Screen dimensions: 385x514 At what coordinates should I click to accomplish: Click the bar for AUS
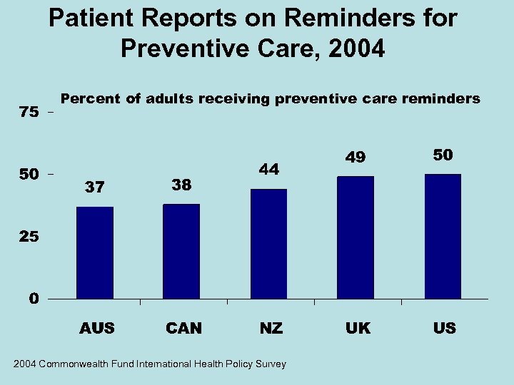tap(95, 252)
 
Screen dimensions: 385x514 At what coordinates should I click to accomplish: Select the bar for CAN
tap(181, 251)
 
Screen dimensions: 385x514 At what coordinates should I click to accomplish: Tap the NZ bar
tap(268, 243)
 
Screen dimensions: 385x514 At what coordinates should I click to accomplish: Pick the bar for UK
tap(355, 237)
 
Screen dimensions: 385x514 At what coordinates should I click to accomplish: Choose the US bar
tap(442, 236)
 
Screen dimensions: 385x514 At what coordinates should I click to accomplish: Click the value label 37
tap(95, 188)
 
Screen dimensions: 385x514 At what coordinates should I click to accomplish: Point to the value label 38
tap(181, 185)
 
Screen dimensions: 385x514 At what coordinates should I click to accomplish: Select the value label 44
tap(268, 169)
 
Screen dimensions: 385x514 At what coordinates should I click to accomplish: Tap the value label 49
tap(355, 156)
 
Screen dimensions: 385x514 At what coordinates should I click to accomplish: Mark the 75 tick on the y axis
tap(30, 113)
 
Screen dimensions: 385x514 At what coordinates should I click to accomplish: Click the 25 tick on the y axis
tap(30, 237)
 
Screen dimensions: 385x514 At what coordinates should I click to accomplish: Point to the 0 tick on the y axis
tap(34, 299)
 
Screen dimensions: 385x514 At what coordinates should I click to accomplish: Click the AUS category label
tap(97, 329)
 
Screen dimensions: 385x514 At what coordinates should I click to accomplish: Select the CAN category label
tap(183, 329)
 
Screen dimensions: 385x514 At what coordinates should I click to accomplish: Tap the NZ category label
tap(271, 329)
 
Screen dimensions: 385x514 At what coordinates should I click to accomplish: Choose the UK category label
tap(358, 329)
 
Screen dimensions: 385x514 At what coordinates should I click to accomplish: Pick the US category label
tap(444, 329)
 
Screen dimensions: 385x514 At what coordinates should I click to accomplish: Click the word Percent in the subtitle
tap(91, 99)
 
